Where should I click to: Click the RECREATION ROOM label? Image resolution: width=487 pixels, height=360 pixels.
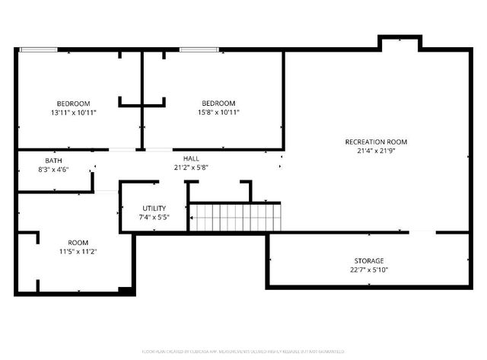coord(376,142)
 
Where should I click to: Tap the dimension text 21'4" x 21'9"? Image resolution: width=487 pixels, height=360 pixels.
coord(376,151)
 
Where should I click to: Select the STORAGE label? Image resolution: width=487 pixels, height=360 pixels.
coord(368,261)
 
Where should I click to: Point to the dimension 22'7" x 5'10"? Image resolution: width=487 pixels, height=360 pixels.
coord(368,270)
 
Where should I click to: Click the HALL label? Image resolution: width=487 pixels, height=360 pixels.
coord(181,158)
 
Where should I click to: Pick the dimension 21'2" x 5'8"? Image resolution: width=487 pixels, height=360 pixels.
coord(181,167)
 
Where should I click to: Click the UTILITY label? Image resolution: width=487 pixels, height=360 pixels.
coord(154,208)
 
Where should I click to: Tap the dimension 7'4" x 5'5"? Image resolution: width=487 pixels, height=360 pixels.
coord(154,217)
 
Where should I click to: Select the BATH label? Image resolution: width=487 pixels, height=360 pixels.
coord(53,161)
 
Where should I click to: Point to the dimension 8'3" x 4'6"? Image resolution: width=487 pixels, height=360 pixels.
coord(53,170)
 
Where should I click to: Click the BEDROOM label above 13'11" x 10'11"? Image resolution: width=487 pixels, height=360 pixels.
coord(73,104)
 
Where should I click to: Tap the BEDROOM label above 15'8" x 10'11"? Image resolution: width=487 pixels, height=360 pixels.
coord(218,104)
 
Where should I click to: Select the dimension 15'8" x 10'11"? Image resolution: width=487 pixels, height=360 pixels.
coord(218,113)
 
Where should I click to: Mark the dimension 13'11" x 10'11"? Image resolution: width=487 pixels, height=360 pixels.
coord(73,113)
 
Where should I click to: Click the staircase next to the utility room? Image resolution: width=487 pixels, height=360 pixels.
coord(235,217)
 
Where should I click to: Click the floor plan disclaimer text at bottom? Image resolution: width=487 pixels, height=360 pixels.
coord(243,352)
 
